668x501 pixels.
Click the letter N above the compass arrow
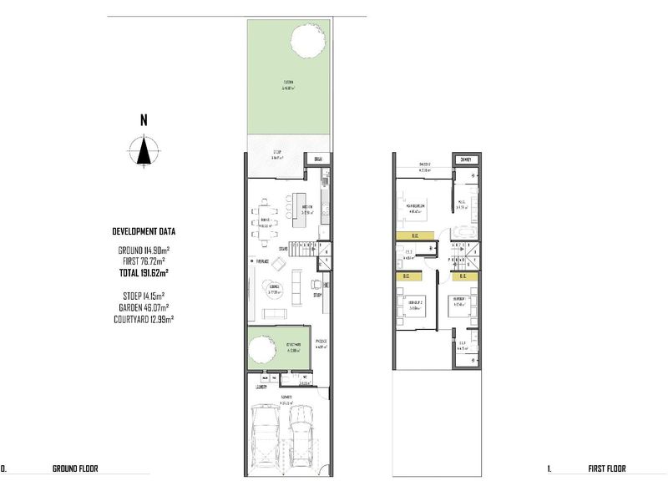tap(144, 120)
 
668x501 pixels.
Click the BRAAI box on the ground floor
tap(317, 159)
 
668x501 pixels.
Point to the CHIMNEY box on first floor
tap(466, 159)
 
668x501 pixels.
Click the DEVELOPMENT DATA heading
tap(144, 231)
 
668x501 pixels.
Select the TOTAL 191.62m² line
tap(143, 272)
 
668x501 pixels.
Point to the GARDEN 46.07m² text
tap(143, 306)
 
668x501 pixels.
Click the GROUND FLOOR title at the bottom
tap(75, 469)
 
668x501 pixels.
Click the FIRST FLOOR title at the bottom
tap(606, 469)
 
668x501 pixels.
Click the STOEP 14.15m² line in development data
tap(143, 295)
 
